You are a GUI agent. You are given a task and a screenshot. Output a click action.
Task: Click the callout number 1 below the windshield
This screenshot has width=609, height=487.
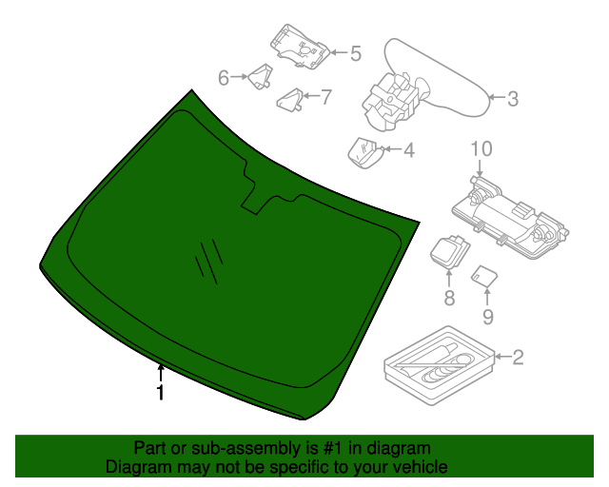161,391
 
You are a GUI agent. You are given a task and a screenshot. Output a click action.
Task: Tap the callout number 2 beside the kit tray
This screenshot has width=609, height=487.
518,358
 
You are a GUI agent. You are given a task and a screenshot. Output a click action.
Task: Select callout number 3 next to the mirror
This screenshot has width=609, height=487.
512,98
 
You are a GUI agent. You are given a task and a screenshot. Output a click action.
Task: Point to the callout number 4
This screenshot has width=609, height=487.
409,150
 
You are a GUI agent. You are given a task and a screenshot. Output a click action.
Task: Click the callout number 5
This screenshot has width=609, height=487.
355,54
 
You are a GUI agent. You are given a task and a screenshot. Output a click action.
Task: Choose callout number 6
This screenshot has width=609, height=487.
224,77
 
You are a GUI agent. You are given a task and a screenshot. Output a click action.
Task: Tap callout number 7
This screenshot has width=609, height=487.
325,96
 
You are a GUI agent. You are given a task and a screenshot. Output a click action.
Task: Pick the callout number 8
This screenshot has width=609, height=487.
449,298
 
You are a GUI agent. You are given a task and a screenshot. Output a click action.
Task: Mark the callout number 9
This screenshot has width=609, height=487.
487,316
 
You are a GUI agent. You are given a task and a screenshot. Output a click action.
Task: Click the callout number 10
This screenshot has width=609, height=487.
481,148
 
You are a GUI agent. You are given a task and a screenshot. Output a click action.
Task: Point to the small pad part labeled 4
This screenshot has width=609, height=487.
363,151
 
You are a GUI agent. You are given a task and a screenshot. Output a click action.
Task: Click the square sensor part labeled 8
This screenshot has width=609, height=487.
447,252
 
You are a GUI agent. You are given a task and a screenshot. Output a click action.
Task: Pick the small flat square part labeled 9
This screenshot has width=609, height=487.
485,276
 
